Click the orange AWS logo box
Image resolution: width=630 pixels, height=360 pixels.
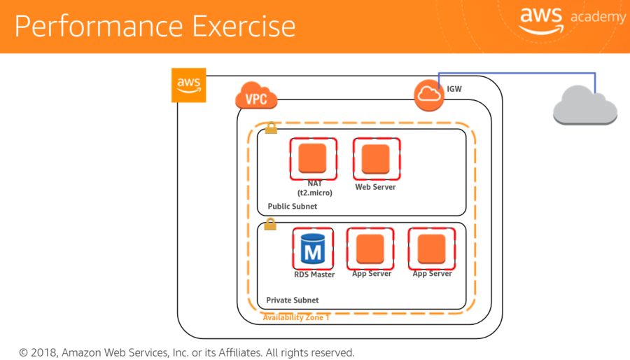tap(188, 85)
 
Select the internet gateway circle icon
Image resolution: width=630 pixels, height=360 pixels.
tap(429, 95)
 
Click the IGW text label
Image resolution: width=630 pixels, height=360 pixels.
tap(454, 89)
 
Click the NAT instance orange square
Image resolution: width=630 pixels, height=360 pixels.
tap(314, 158)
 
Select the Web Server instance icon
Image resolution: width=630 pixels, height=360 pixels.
tap(376, 158)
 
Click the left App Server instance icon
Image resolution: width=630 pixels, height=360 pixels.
tap(370, 249)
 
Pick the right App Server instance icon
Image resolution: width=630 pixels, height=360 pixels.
tap(432, 249)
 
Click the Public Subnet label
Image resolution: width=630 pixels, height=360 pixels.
tap(292, 207)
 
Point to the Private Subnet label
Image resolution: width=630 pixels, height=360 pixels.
tap(292, 300)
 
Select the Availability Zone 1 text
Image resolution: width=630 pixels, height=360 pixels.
tap(296, 317)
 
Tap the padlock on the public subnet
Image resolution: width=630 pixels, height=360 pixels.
tap(271, 128)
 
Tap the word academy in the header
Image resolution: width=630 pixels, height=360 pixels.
tap(598, 18)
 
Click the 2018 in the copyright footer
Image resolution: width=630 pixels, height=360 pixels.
tap(43, 352)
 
